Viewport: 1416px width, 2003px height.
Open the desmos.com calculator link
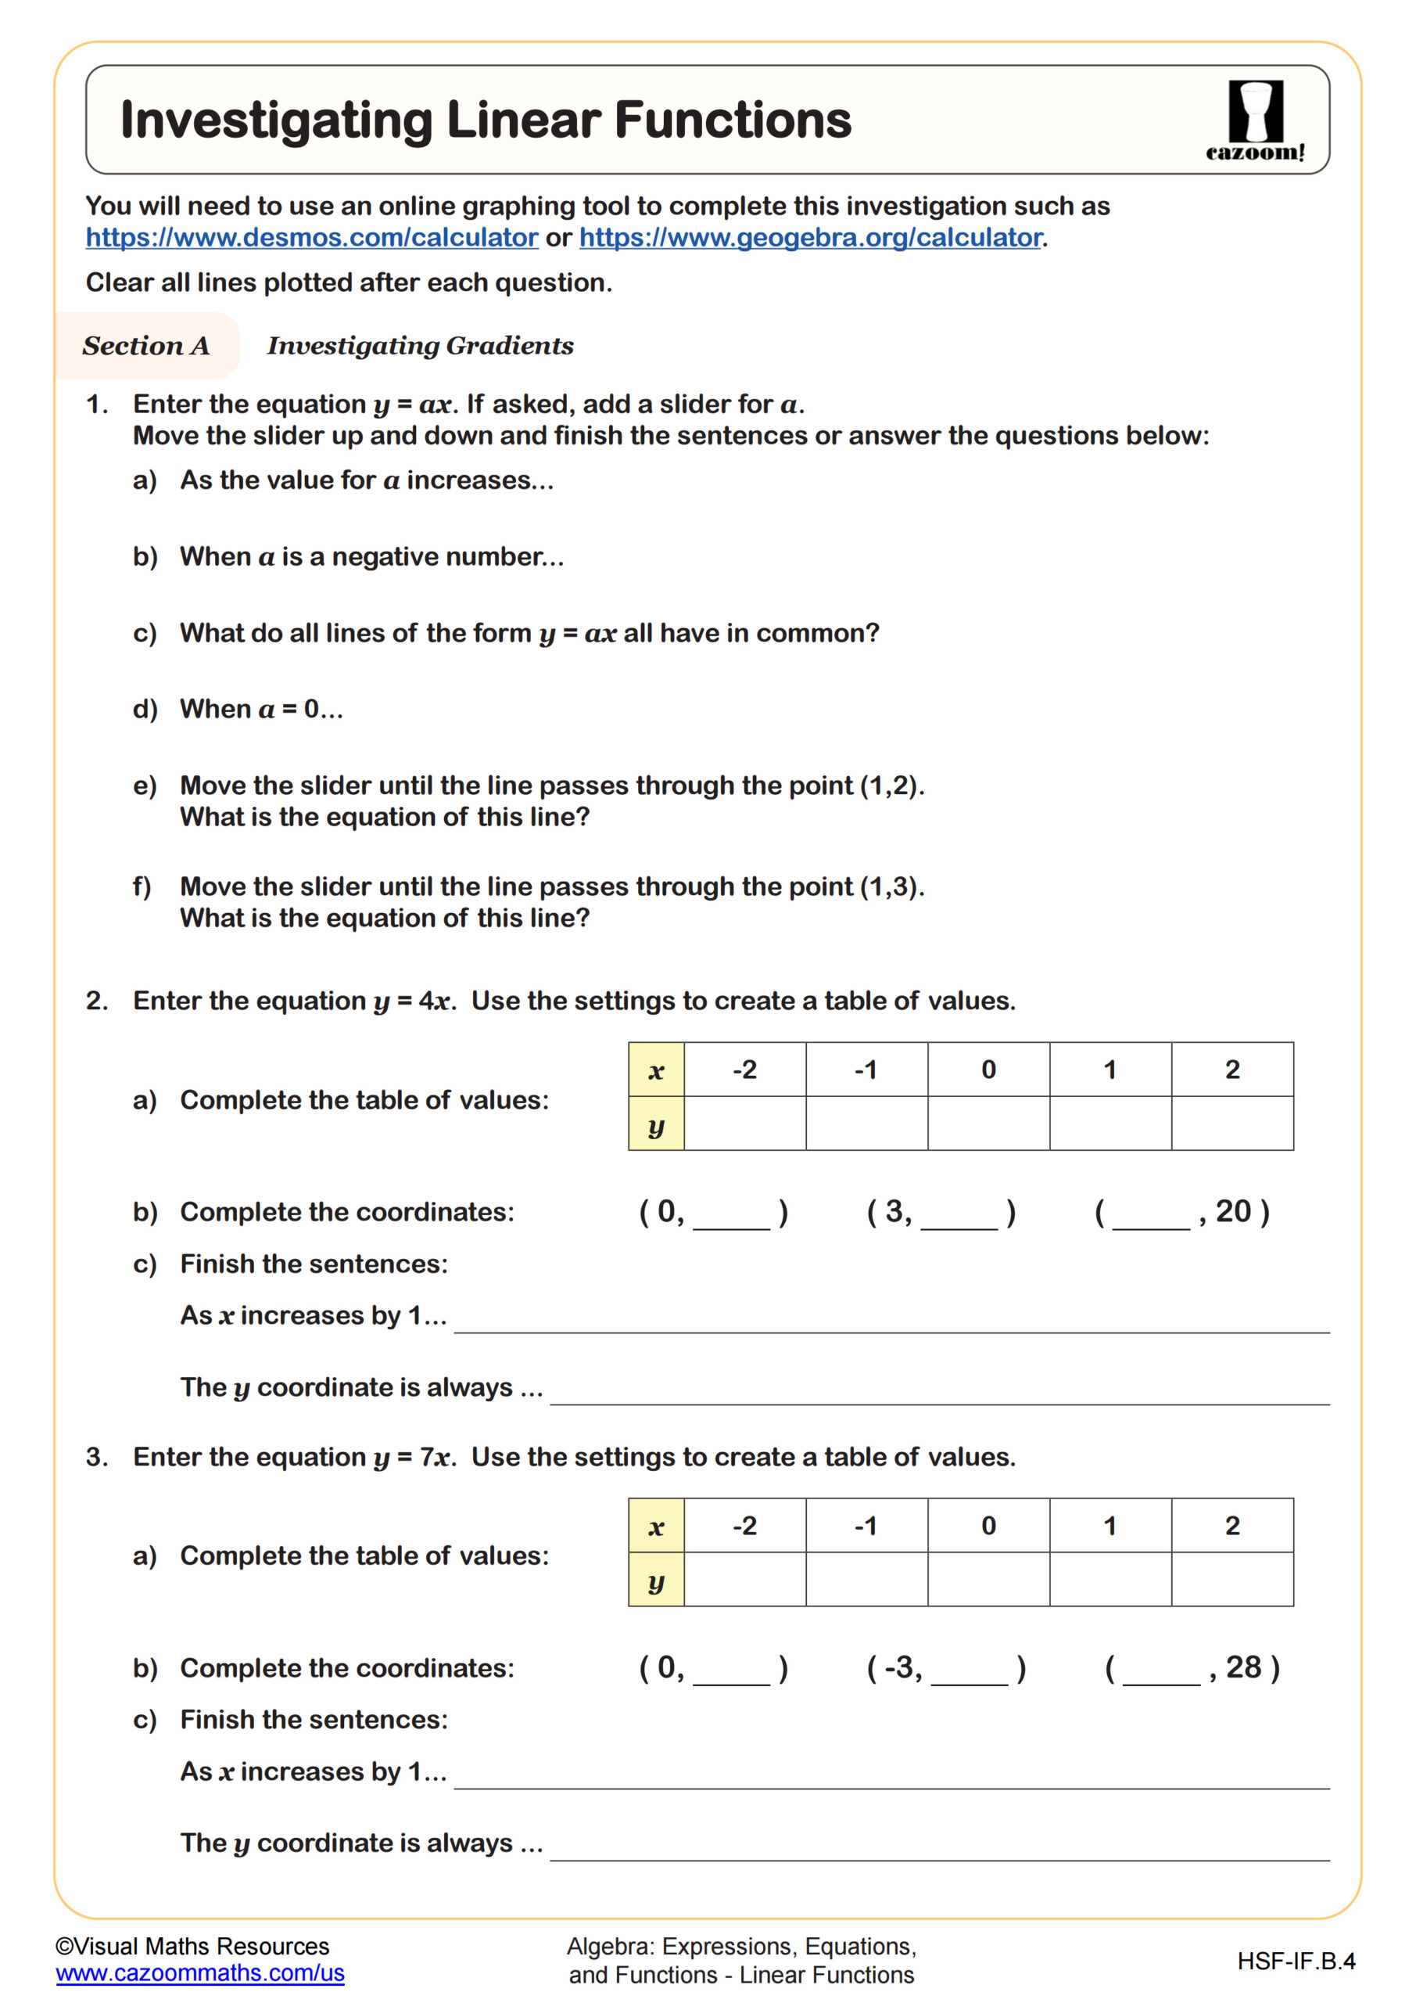click(x=311, y=237)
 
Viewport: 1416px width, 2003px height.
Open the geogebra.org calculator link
click(x=810, y=237)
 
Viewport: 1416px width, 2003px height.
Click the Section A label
click(x=145, y=346)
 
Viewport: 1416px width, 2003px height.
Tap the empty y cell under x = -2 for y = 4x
click(x=744, y=1123)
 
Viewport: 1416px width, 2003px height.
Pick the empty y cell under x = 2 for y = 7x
click(x=1231, y=1578)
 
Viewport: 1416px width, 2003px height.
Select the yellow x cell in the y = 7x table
click(x=656, y=1526)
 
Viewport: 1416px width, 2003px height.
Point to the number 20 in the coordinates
click(x=1233, y=1211)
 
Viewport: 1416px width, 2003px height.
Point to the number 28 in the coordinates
click(x=1243, y=1667)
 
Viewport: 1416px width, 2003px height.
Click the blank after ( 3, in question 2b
click(x=959, y=1215)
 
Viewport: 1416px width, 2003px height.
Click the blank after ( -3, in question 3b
click(x=969, y=1671)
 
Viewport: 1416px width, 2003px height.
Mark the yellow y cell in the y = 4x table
click(x=656, y=1123)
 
